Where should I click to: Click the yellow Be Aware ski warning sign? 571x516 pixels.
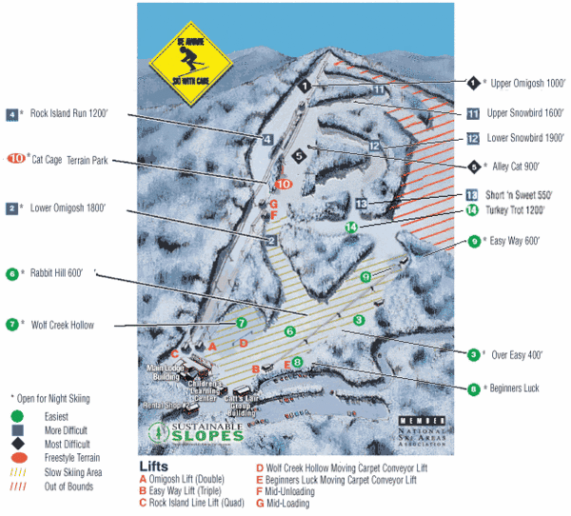tap(191, 57)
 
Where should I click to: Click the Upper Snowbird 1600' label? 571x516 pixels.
tap(524, 112)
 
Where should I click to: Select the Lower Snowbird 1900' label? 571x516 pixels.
tap(524, 139)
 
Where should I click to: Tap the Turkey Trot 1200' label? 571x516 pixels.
tap(519, 211)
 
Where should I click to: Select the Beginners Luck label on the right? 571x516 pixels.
tap(513, 388)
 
